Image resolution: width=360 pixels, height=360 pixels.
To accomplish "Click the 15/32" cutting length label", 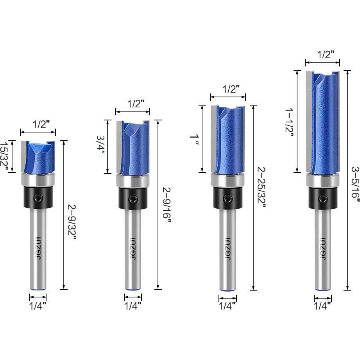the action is [x=4, y=156].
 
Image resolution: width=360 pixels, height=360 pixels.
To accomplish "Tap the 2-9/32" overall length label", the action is [x=72, y=222].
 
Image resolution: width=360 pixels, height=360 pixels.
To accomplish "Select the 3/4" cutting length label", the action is [x=100, y=145].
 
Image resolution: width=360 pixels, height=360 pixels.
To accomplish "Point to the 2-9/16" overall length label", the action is [x=167, y=205].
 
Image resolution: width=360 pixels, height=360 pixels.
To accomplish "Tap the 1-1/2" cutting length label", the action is [x=289, y=123].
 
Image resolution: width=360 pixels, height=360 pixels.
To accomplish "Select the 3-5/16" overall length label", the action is [x=355, y=185].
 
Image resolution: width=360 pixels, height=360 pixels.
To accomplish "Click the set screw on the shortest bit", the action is [x=38, y=197].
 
